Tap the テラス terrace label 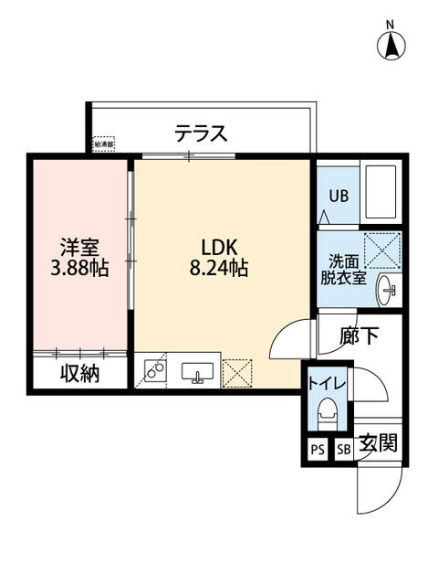point(201,134)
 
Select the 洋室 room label point(79,247)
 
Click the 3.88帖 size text point(79,269)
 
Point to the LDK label point(219,247)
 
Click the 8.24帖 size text point(219,269)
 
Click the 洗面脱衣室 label point(343,267)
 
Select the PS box point(317,449)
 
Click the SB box point(344,449)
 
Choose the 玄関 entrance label point(376,445)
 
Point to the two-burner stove point(154,372)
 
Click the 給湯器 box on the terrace point(105,144)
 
